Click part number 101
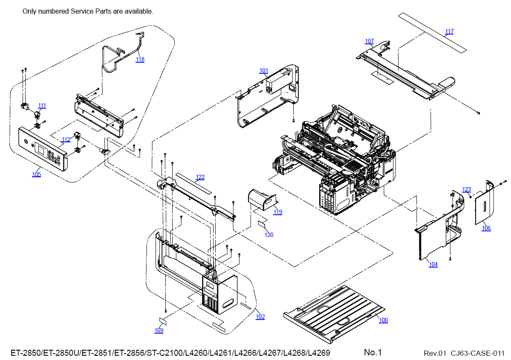[x=264, y=70]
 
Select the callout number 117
[x=449, y=32]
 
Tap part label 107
[x=370, y=41]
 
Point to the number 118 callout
[x=140, y=60]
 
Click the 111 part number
[x=42, y=106]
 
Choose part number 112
[x=66, y=140]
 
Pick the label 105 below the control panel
[x=37, y=174]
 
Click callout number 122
[x=200, y=177]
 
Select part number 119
[x=278, y=212]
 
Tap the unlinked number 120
[x=269, y=235]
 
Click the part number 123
[x=467, y=190]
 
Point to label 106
[x=486, y=228]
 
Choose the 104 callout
[x=433, y=265]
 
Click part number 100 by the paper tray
[x=384, y=320]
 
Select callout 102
[x=260, y=317]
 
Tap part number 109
[x=159, y=331]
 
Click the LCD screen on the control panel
[x=42, y=150]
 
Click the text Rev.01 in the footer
[x=435, y=353]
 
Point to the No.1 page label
[x=373, y=352]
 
